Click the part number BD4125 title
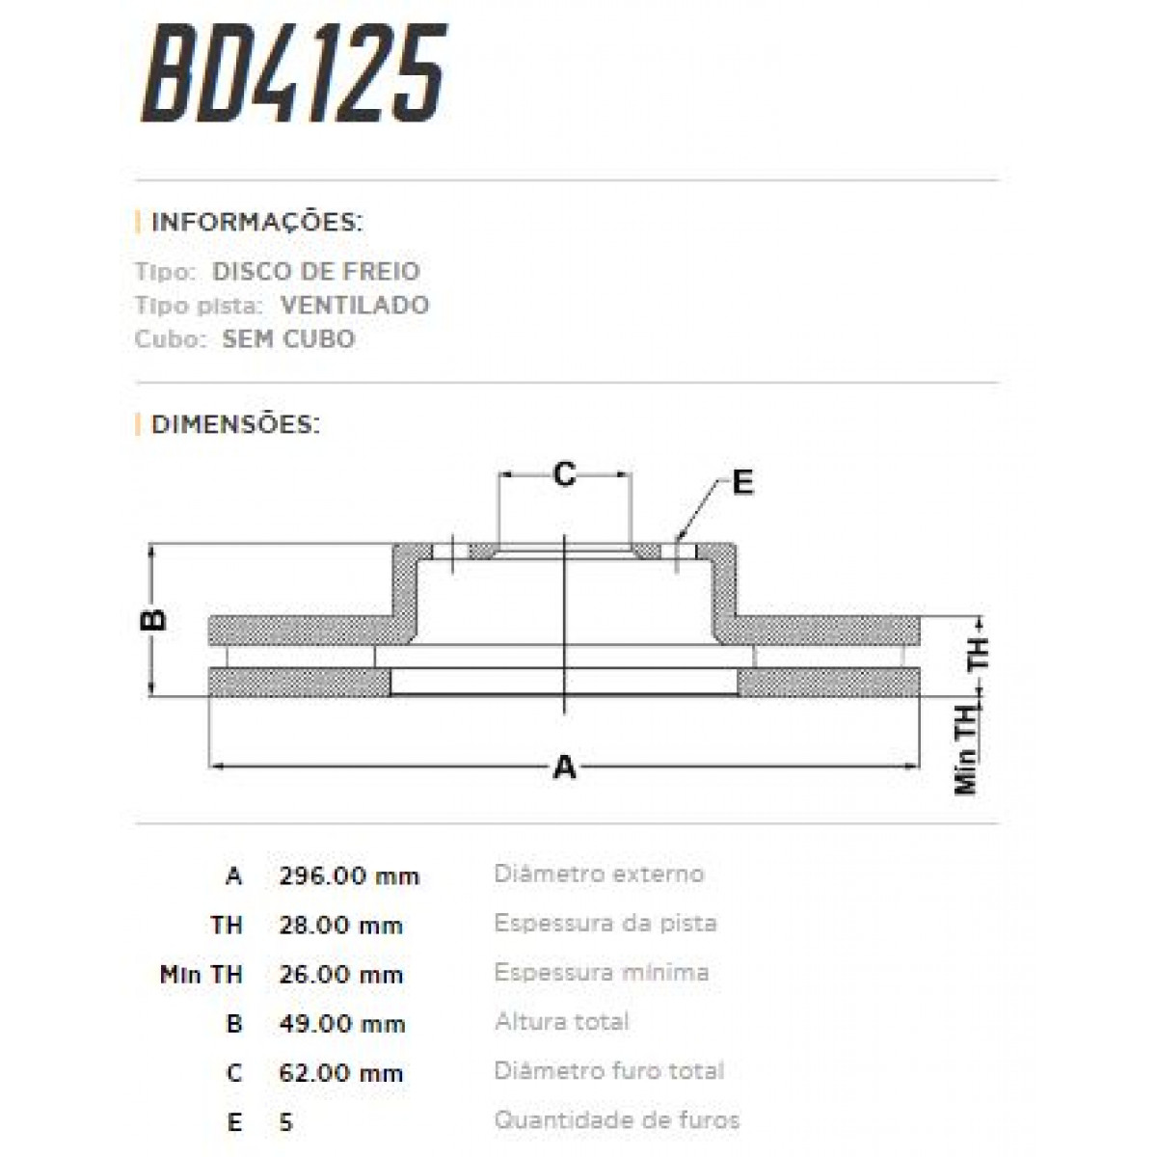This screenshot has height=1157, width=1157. click(x=294, y=74)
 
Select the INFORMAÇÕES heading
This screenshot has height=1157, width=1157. click(x=256, y=223)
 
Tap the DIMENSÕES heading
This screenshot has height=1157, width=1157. click(x=235, y=424)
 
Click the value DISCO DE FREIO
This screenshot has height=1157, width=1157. click(x=316, y=272)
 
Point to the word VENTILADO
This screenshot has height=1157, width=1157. click(x=355, y=306)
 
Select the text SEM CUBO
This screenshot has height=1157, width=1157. click(x=288, y=339)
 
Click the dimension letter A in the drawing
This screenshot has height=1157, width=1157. click(x=565, y=767)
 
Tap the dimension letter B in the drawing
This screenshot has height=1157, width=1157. click(x=153, y=619)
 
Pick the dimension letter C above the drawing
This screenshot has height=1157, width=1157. click(x=564, y=474)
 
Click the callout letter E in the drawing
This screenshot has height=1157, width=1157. click(x=741, y=482)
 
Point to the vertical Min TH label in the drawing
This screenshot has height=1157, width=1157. click(x=967, y=748)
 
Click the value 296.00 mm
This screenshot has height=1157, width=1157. click(x=349, y=876)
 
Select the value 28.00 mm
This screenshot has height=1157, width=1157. click(x=340, y=926)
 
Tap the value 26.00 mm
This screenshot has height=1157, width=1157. click(x=340, y=975)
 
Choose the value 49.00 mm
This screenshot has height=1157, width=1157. click(x=341, y=1024)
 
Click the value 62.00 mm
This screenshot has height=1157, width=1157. click(x=340, y=1073)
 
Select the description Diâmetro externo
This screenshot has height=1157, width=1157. click(x=599, y=874)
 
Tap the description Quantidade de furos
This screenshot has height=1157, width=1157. click(x=617, y=1120)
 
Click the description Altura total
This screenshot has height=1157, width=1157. click(x=561, y=1022)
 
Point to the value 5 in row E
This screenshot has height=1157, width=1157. click(x=284, y=1122)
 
